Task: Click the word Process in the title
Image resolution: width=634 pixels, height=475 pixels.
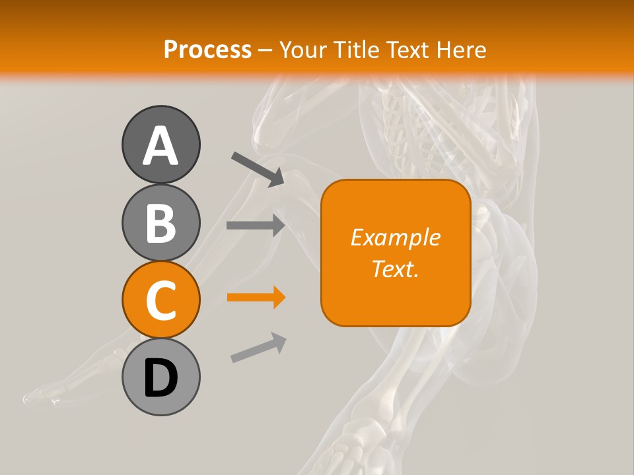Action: coord(207,49)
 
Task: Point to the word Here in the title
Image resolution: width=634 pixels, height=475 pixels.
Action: coord(463,49)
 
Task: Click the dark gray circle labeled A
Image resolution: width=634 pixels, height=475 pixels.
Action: coord(160,145)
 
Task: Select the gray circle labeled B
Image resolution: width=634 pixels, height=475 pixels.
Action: coord(160,222)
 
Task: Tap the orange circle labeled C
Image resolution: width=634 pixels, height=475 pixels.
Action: coord(160,300)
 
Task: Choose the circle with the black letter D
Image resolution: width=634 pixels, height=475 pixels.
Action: coord(160,377)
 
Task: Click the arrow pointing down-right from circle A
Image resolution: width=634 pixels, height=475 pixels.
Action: coord(257,169)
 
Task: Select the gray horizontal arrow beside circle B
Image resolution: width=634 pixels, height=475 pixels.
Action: coord(256,225)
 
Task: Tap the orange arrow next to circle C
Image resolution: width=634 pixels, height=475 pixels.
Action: coord(256,298)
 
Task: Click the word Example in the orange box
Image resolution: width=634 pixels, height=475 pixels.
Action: coord(395,237)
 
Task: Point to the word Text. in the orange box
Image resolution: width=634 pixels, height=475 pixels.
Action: coord(395,268)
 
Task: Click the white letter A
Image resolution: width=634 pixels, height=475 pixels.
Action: coord(160,146)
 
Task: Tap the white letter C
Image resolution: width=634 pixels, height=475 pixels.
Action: coord(160,300)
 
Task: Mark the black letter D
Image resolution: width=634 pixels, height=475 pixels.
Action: coord(160,378)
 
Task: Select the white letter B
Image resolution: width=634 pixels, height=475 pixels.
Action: coord(160,223)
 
